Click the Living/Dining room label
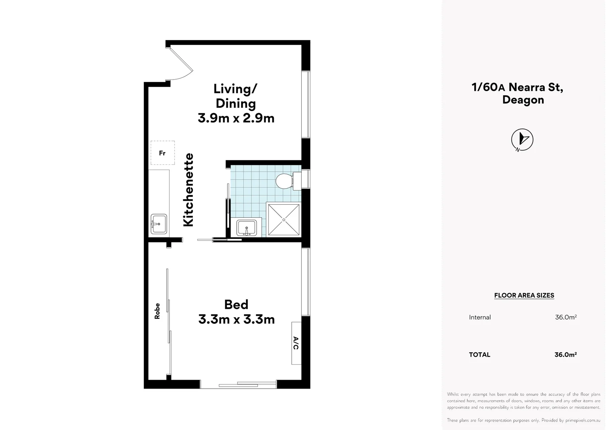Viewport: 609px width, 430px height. point(236,96)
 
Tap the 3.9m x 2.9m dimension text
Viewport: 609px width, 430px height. point(236,118)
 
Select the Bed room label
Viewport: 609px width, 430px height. point(236,305)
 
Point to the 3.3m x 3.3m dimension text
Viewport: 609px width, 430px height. point(236,319)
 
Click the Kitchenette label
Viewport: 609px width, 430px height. point(188,190)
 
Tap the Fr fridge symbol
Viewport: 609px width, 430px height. point(163,153)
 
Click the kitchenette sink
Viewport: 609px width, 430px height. point(158,224)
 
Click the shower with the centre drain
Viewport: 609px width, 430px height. point(283,220)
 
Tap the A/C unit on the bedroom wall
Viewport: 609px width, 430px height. point(296,343)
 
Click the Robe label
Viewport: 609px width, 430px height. point(157,311)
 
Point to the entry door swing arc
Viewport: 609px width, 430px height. point(181,64)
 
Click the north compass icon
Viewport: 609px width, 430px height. point(522,140)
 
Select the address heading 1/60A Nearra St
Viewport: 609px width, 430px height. point(517,87)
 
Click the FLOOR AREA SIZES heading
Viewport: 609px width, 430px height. point(524,295)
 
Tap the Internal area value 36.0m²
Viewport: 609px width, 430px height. point(566,317)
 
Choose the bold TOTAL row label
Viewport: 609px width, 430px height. point(479,355)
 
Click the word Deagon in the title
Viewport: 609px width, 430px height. point(523,100)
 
